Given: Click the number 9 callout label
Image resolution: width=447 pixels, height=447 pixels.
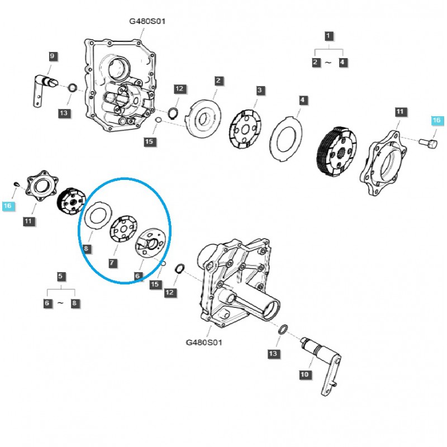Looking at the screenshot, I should [52, 56].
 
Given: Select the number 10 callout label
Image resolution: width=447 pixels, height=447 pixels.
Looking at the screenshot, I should [304, 374].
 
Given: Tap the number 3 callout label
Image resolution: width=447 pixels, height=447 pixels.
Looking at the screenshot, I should [260, 90].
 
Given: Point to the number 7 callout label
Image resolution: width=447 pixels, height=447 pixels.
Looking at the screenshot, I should [113, 262].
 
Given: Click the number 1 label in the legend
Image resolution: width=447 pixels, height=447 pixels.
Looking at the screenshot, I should [329, 36].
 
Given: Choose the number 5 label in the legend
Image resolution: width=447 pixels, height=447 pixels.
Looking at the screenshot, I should [61, 276].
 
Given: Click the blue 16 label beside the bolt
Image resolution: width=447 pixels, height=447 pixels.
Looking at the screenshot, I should [436, 120].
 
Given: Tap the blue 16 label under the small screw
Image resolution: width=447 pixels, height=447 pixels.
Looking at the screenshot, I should [7, 206].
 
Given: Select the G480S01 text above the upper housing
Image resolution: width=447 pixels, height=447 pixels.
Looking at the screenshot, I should [147, 21].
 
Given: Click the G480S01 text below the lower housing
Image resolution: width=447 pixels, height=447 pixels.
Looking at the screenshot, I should [203, 342].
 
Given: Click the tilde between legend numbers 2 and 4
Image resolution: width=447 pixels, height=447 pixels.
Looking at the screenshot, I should [329, 63].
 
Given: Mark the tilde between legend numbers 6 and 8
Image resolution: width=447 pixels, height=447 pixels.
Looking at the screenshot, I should [61, 303].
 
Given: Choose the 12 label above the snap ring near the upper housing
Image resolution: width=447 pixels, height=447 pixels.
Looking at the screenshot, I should [179, 89].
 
